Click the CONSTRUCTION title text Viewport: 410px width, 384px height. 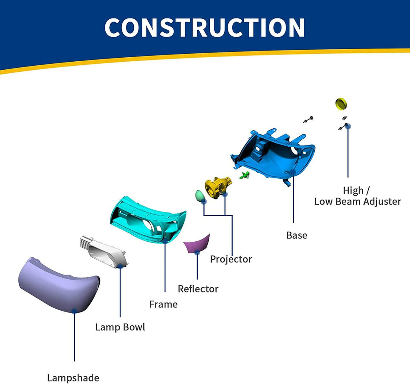(205, 27)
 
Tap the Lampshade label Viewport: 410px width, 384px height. (73, 378)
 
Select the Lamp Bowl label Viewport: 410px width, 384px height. (120, 327)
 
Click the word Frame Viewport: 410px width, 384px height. (163, 304)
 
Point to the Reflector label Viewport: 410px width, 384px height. (198, 289)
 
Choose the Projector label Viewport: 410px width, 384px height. (231, 259)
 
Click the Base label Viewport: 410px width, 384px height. (297, 235)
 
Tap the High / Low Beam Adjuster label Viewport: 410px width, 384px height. (358, 196)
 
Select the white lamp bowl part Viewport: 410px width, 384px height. (104, 252)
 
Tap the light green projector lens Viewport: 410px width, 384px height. (200, 196)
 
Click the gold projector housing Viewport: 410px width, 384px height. (217, 187)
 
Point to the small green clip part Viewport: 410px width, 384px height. (245, 176)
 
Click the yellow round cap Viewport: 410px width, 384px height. (341, 104)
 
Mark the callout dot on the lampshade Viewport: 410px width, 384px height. (74, 311)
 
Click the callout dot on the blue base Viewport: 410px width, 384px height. (293, 172)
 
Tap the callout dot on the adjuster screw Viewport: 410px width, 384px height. (348, 126)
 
